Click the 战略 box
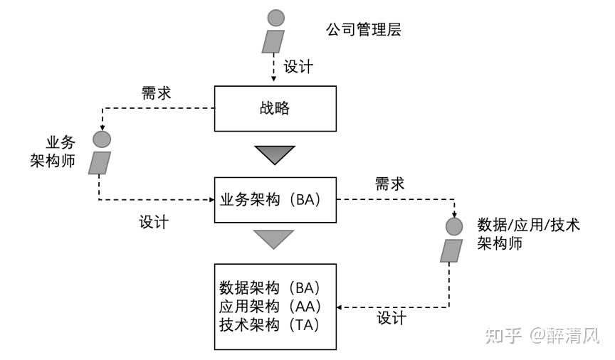(x=274, y=109)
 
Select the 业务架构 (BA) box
(x=274, y=200)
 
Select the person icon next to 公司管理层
(x=274, y=32)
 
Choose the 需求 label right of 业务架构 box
(x=389, y=184)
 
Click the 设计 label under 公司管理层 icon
(x=298, y=67)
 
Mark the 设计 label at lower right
(x=391, y=318)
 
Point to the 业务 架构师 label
(x=61, y=151)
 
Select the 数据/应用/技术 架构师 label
(x=527, y=234)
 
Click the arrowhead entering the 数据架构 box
(x=340, y=307)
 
